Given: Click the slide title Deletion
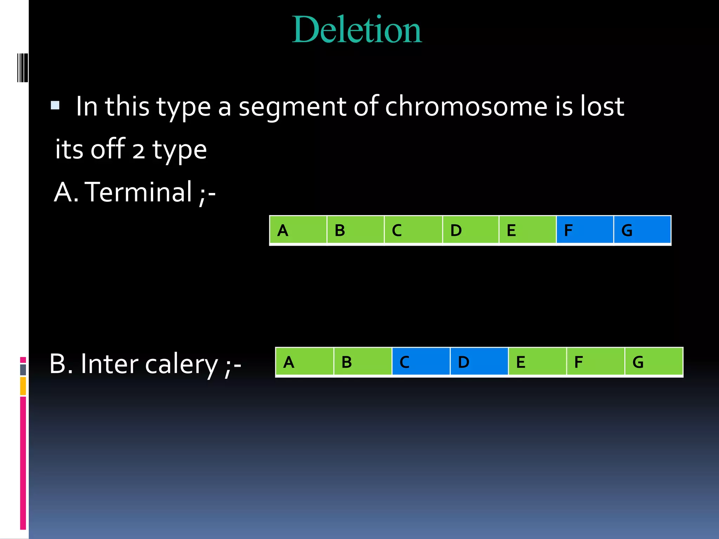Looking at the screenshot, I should (357, 30).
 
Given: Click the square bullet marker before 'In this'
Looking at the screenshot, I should (55, 105).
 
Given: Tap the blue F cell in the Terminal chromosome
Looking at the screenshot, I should (585, 230).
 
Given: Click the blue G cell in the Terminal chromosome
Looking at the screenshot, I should (642, 230).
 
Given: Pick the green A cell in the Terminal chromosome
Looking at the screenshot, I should (298, 230).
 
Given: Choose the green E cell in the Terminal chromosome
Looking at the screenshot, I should (527, 230).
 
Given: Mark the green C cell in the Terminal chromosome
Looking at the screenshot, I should (413, 230).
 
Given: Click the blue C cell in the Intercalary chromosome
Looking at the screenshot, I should (421, 362).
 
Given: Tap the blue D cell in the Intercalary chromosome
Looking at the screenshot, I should (479, 362).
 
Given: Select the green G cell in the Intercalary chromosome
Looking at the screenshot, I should (654, 362).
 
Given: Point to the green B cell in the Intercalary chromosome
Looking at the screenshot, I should (363, 362).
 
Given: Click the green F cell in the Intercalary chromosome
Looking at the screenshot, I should (595, 362).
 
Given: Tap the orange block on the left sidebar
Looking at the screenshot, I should (23, 386).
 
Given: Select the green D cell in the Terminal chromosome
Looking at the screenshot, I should (471, 230).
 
